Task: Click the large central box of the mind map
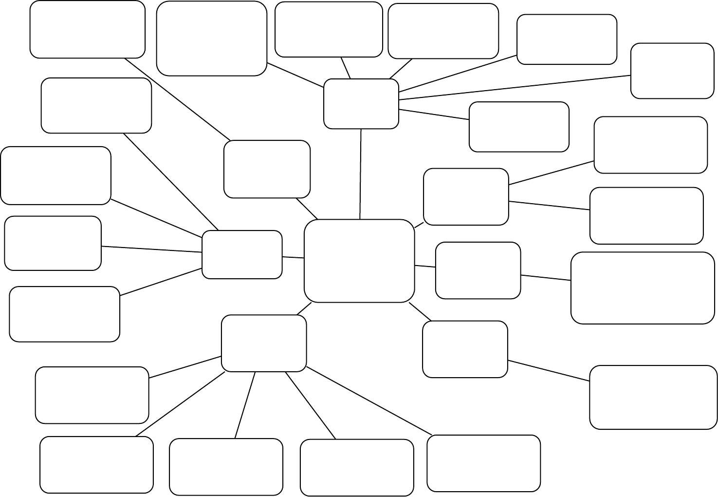point(359,261)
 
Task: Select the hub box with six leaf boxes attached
point(361,104)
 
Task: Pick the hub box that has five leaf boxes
point(264,343)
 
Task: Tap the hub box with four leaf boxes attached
point(242,254)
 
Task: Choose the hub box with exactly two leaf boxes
point(466,197)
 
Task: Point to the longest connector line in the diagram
point(515,88)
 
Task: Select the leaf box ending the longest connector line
point(672,71)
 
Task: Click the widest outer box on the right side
point(643,287)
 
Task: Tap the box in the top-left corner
point(88,29)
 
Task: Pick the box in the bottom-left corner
point(96,465)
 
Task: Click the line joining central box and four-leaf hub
point(293,257)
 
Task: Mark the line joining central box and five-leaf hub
point(304,308)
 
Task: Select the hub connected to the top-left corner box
point(267,169)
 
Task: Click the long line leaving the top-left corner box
point(177,99)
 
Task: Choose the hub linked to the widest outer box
point(478,270)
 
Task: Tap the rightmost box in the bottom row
point(484,463)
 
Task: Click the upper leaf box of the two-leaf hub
point(650,145)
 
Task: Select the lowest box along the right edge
point(653,397)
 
